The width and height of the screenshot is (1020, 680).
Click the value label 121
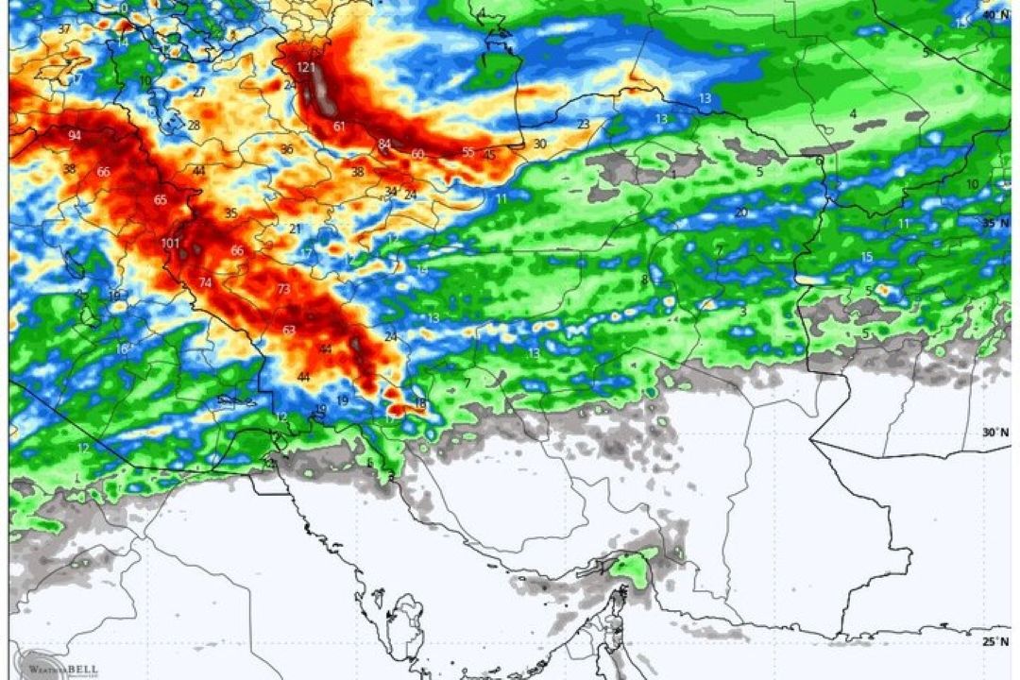(x=305, y=67)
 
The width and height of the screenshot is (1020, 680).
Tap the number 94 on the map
(x=75, y=136)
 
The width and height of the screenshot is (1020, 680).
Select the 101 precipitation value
(x=170, y=244)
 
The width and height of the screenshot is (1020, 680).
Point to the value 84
(x=384, y=144)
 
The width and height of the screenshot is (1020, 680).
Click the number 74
(x=205, y=283)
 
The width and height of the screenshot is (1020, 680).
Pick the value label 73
(x=283, y=289)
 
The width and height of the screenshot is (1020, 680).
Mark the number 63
(x=289, y=330)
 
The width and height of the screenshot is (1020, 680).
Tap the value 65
(x=161, y=199)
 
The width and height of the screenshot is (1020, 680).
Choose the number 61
(x=339, y=126)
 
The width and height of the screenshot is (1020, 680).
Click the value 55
(x=468, y=152)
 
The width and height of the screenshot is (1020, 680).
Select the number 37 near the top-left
(x=64, y=29)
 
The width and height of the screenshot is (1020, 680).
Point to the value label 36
(x=286, y=149)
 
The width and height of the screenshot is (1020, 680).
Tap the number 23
(x=584, y=125)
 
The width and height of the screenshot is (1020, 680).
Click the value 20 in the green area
(x=740, y=212)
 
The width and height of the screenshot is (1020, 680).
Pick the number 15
(x=867, y=257)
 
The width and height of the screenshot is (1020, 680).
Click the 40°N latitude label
(x=988, y=15)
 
